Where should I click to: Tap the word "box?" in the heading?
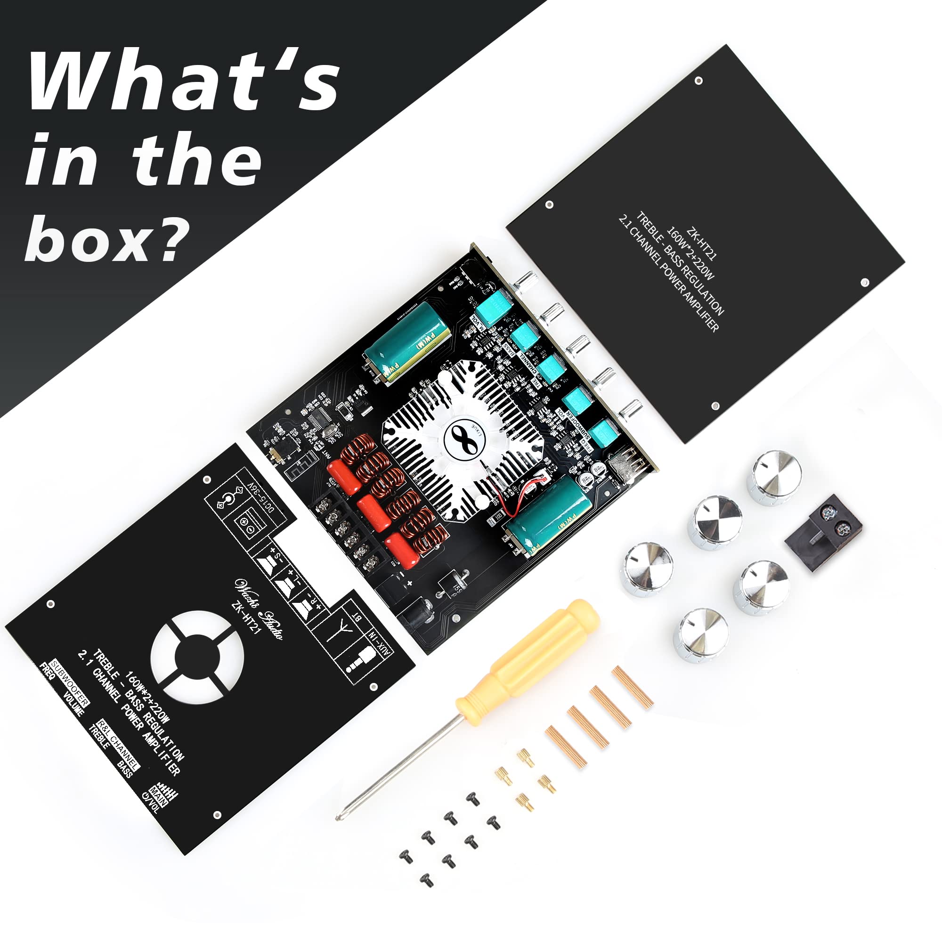coord(105,239)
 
